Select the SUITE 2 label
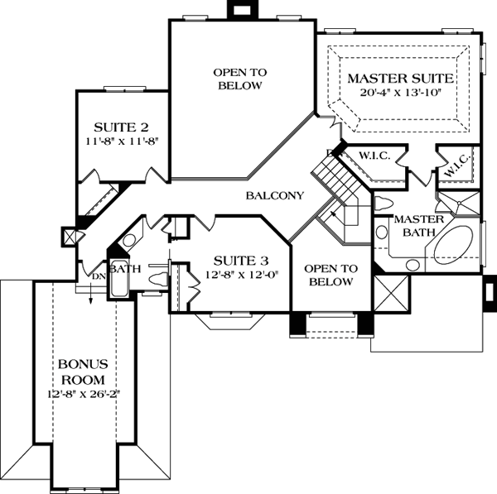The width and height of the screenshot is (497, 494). [x=121, y=127]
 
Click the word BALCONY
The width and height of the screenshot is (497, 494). [x=275, y=196]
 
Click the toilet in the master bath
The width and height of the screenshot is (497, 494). [x=383, y=203]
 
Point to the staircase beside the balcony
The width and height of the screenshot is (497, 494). [x=331, y=178]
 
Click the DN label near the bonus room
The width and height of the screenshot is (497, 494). [x=97, y=276]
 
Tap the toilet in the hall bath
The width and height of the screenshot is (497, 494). [x=157, y=281]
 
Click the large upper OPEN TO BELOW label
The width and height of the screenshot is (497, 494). [x=240, y=79]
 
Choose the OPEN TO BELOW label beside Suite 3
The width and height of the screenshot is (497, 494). [x=330, y=276]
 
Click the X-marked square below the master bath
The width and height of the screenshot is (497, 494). [x=392, y=294]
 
